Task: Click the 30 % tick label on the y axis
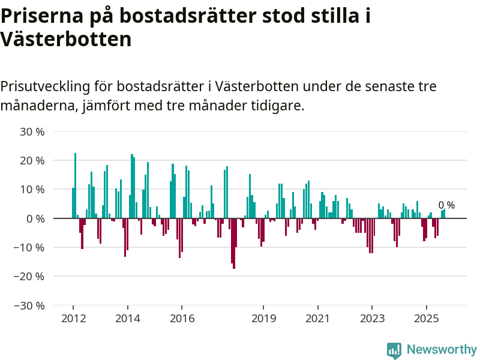click(32, 131)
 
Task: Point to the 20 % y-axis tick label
click(32, 160)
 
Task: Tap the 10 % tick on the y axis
click(32, 189)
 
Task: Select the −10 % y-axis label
click(29, 247)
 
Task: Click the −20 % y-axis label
click(29, 276)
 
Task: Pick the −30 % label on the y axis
click(29, 305)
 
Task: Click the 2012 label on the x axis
click(73, 317)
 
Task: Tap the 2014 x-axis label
click(127, 317)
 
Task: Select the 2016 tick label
click(182, 317)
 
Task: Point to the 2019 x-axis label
click(263, 317)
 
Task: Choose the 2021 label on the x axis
click(317, 317)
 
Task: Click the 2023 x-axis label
click(372, 317)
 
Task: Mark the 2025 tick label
click(426, 317)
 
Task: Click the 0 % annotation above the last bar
click(446, 205)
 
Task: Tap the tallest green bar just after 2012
click(75, 185)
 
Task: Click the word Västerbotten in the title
click(66, 40)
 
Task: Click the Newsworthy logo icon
click(394, 350)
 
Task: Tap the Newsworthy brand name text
click(442, 350)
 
